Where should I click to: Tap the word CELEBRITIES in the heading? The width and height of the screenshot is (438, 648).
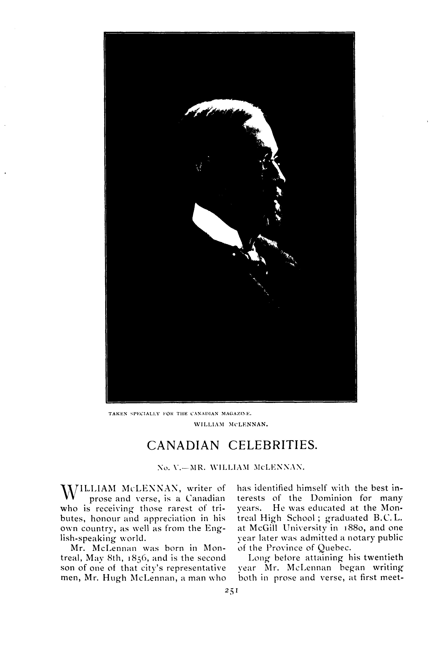272,445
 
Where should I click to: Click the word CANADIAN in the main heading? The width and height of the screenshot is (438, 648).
183,445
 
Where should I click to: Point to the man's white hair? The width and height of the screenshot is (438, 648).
237,114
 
